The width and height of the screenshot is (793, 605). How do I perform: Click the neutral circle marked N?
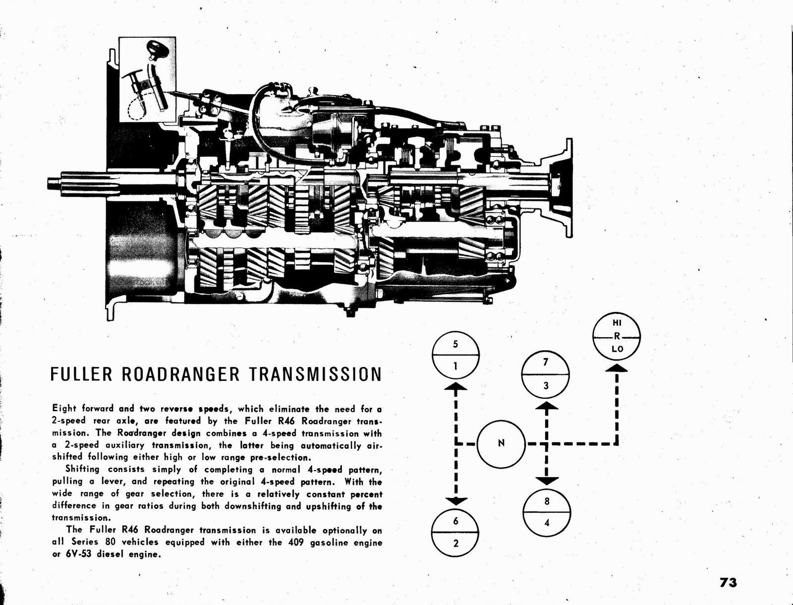pyautogui.click(x=501, y=443)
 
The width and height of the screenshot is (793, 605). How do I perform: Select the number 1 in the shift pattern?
pyautogui.click(x=455, y=367)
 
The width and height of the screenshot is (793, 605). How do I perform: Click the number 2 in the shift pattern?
pyautogui.click(x=455, y=543)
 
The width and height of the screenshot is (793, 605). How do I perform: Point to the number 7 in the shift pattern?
pyautogui.click(x=546, y=362)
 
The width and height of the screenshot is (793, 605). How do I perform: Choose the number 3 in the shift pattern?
pyautogui.click(x=546, y=385)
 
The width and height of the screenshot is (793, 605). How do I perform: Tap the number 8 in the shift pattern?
pyautogui.click(x=547, y=501)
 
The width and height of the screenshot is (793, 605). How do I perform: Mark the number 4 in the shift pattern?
pyautogui.click(x=547, y=523)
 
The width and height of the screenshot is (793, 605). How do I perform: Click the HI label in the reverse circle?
pyautogui.click(x=617, y=322)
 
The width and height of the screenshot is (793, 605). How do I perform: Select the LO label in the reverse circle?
pyautogui.click(x=617, y=349)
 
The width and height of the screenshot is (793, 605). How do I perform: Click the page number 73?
pyautogui.click(x=728, y=582)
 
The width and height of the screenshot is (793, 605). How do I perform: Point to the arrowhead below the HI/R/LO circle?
pyautogui.click(x=617, y=368)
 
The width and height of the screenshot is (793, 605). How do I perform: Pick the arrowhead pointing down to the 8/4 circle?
pyautogui.click(x=546, y=480)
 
